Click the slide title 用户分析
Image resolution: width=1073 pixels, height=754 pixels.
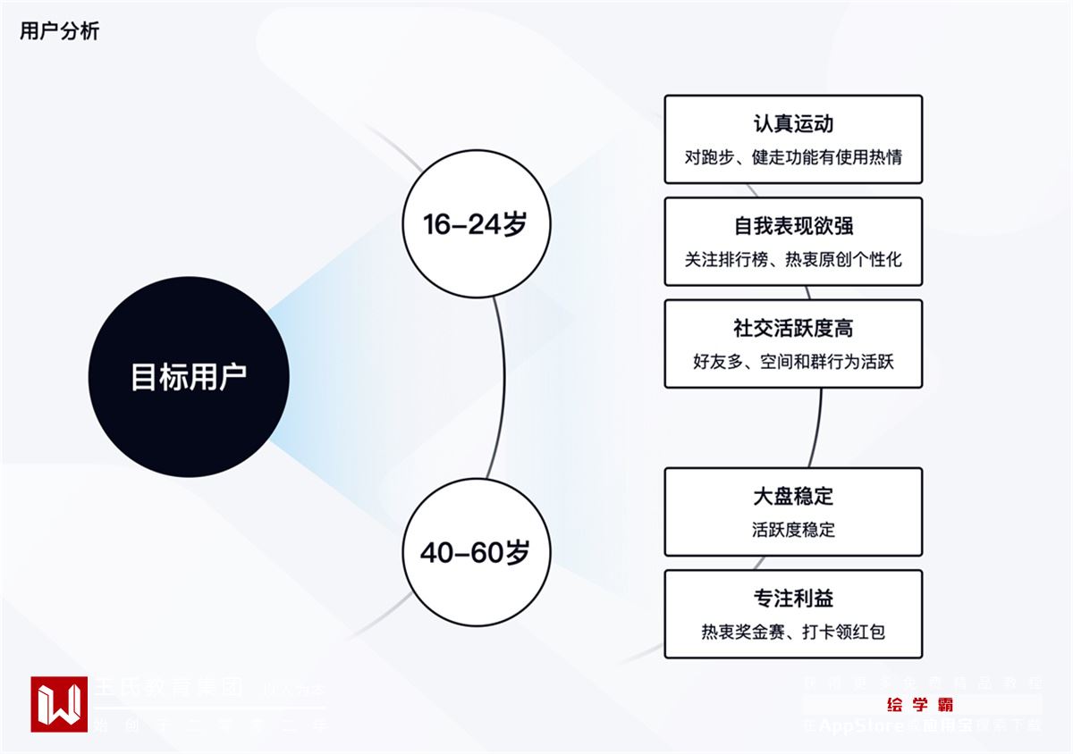[x=60, y=31]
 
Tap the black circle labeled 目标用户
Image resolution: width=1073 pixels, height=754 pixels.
[x=189, y=376]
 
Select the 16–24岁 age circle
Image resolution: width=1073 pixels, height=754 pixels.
[x=476, y=223]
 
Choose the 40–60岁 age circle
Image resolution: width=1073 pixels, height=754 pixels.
[x=476, y=552]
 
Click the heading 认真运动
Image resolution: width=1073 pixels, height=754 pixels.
[x=793, y=123]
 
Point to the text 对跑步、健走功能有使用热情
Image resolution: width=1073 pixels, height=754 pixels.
[x=793, y=157]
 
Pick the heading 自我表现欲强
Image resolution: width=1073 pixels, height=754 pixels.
[x=793, y=225]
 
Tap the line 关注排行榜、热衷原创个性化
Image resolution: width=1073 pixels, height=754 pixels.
[x=793, y=260]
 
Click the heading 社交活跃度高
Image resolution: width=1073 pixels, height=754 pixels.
[x=793, y=328]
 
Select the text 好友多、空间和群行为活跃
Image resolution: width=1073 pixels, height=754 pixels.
[x=793, y=362]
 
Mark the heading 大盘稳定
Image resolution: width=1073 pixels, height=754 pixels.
[x=793, y=496]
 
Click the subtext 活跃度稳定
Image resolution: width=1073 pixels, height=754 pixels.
[x=793, y=530]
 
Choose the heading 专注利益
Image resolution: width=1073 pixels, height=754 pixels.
[x=793, y=598]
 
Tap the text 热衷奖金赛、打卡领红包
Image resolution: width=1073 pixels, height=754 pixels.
[x=793, y=633]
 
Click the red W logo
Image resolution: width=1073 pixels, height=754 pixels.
[x=59, y=704]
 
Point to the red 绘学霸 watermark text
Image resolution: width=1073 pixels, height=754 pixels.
[x=920, y=705]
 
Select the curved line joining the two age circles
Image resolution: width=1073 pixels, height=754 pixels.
[x=503, y=389]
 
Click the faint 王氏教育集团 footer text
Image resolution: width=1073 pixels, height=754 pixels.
[x=170, y=689]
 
